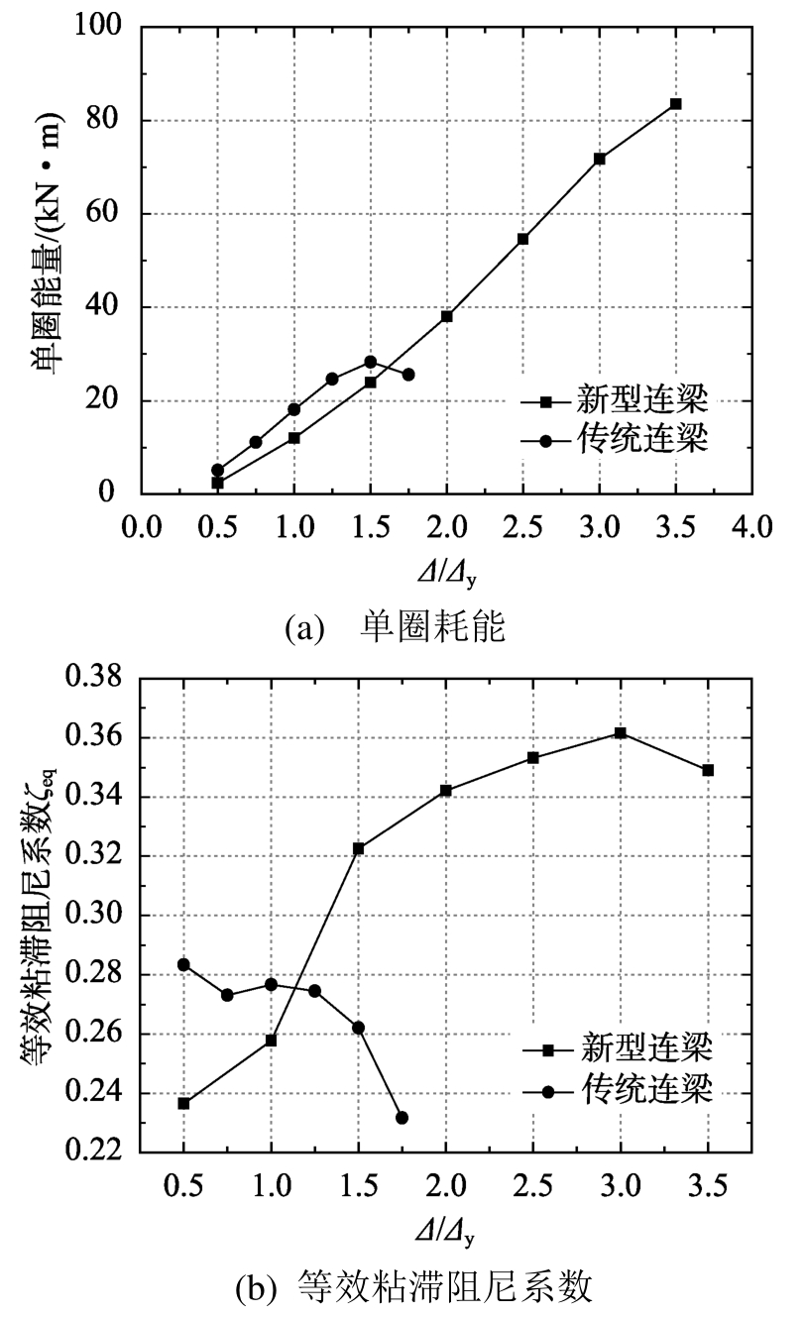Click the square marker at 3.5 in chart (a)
coord(675,103)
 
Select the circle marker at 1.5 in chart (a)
coord(370,362)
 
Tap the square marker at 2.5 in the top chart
coord(522,239)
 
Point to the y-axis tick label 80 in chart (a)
coord(100,121)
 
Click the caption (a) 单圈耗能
coord(395,627)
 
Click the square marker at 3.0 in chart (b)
coord(621,732)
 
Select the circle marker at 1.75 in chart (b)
coord(402,1117)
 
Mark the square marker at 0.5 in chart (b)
coord(183,1103)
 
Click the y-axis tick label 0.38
coord(92,679)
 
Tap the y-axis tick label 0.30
coord(92,916)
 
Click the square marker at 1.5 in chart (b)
coord(359,848)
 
